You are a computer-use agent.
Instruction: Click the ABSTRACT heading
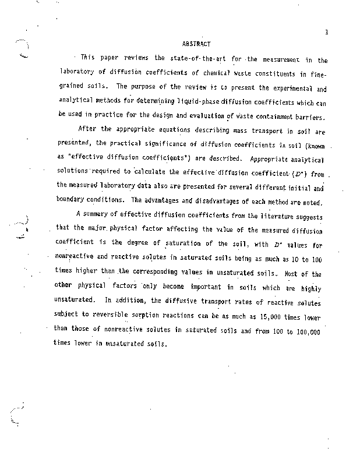pyautogui.click(x=196, y=44)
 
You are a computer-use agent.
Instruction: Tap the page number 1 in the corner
pyautogui.click(x=326, y=33)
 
